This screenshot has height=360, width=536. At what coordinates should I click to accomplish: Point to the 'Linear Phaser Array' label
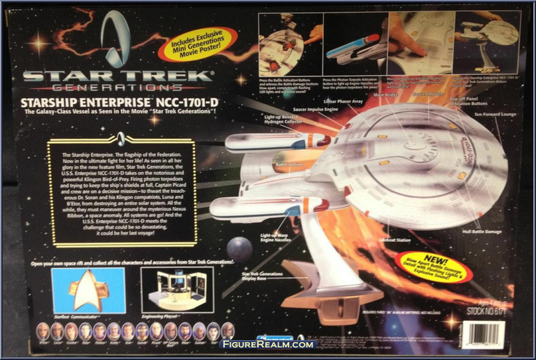click(x=342, y=102)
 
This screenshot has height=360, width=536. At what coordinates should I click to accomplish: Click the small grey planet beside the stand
click(x=239, y=249)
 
